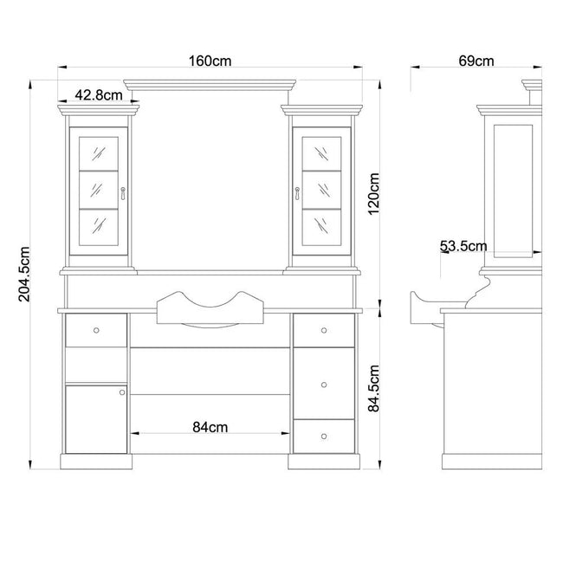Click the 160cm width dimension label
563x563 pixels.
click(210, 61)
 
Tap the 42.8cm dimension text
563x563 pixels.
click(99, 95)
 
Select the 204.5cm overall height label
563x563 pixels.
click(24, 275)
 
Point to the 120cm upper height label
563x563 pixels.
click(374, 194)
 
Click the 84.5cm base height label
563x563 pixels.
click(374, 388)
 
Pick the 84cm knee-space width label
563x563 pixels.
click(210, 427)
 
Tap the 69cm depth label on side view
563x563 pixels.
click(476, 61)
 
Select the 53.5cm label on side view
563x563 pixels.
click(463, 246)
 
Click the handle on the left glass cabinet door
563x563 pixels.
click(123, 193)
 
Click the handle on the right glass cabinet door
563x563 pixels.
click(297, 193)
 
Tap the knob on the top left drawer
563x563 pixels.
click(96, 330)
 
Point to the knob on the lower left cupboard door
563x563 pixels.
click(122, 392)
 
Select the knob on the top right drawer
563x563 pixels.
click(324, 330)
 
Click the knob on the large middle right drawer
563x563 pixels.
click(324, 385)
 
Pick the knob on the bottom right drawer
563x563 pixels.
click(324, 437)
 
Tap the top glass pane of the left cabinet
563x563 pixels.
click(99, 153)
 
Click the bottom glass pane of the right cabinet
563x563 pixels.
click(321, 228)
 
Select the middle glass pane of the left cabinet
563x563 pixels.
click(99, 191)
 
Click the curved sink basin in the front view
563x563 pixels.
click(210, 309)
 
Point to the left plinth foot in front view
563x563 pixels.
click(96, 462)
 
